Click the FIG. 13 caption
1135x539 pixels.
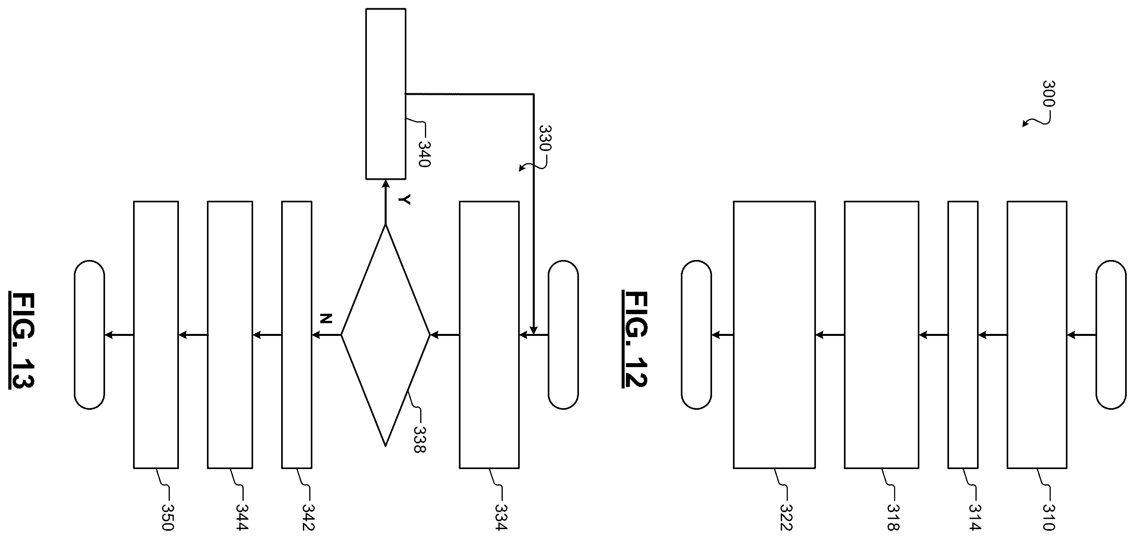coord(22,340)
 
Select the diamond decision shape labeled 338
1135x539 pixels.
coord(385,335)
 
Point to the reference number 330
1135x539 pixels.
coord(545,138)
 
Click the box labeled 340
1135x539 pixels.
coord(385,94)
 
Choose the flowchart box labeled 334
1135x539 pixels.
coord(489,335)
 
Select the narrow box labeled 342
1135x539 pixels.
coord(297,335)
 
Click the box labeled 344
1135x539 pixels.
coord(230,335)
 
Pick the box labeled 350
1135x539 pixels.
coord(156,335)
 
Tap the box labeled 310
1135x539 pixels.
coord(1037,335)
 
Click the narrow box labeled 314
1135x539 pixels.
coord(963,335)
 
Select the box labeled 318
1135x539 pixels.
coord(881,335)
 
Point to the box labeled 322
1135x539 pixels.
coord(774,335)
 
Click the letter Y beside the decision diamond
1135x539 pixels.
coord(404,200)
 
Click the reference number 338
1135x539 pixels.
coord(419,439)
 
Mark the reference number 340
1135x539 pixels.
coord(424,153)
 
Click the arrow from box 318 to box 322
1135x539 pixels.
coord(830,335)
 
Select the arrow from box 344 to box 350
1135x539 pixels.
coord(193,335)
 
